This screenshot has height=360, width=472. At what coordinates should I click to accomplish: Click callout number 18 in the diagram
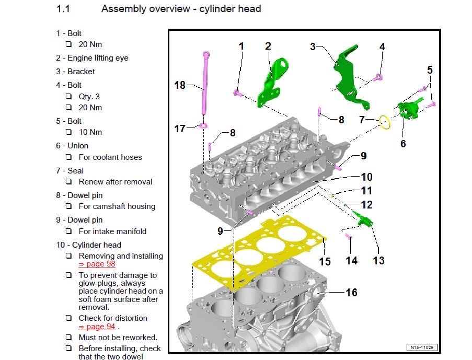point(180,85)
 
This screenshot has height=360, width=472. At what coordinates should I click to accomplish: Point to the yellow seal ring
point(386,123)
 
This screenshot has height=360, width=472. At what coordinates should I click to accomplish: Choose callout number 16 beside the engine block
point(351,293)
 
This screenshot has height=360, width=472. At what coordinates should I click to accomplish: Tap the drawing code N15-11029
point(422,347)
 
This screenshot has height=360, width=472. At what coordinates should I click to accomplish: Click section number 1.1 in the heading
point(63,9)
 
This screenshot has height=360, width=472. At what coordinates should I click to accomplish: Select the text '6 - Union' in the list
point(72,146)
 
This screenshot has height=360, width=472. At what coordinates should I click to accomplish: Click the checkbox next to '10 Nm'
point(69,132)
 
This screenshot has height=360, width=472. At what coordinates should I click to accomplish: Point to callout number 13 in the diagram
point(378,260)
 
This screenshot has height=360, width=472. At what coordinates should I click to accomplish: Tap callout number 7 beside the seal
point(361,120)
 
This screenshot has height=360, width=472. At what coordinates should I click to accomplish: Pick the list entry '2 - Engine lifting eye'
point(92,58)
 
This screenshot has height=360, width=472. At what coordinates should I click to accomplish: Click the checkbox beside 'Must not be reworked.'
point(69,338)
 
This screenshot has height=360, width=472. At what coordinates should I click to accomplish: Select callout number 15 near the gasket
point(325,261)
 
